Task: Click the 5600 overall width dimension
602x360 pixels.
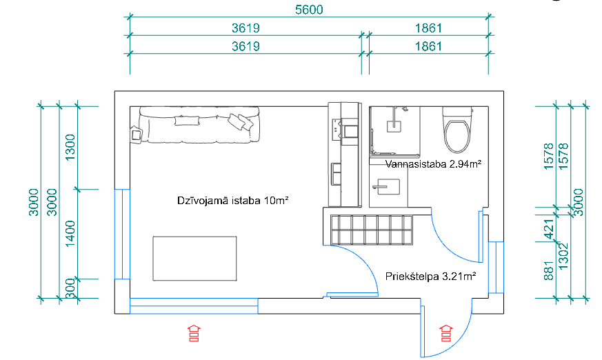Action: pyautogui.click(x=308, y=10)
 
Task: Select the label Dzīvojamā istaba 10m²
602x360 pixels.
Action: pyautogui.click(x=232, y=201)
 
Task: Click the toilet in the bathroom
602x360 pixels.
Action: pyautogui.click(x=457, y=131)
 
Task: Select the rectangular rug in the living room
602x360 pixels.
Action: pyautogui.click(x=194, y=258)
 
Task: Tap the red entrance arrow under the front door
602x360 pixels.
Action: pyautogui.click(x=446, y=332)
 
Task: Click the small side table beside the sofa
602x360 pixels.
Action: pyautogui.click(x=134, y=134)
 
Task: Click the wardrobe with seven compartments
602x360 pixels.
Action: pyautogui.click(x=371, y=229)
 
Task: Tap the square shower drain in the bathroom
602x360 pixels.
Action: pyautogui.click(x=394, y=126)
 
